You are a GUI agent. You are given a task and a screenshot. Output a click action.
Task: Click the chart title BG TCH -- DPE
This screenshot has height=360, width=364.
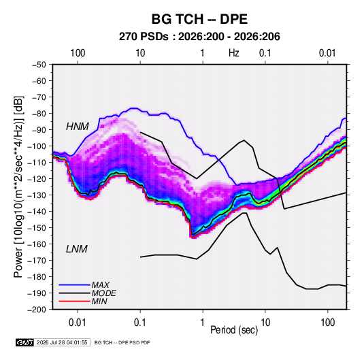(199, 19)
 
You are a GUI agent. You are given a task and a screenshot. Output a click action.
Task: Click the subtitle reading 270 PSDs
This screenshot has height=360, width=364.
(144, 37)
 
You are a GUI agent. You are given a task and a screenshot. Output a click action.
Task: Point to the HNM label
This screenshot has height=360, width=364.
(78, 127)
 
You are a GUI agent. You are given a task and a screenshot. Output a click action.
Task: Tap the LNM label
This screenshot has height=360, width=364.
(77, 249)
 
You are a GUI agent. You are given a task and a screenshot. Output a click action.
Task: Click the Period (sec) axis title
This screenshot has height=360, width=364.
(234, 330)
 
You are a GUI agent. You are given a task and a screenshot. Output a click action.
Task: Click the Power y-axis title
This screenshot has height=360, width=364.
(18, 186)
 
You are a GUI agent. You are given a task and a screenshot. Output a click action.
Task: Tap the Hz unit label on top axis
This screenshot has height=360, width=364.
(234, 53)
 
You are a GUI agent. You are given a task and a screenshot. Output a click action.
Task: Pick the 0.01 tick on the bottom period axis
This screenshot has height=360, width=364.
(78, 323)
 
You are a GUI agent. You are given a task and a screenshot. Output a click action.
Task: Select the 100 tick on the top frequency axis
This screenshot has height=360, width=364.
(78, 53)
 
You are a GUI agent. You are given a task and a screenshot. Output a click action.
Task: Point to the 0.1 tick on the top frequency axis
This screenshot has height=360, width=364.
(265, 53)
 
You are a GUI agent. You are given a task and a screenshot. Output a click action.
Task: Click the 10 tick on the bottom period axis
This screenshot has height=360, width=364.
(265, 323)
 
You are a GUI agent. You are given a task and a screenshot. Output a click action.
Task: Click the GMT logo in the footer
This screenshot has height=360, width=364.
(25, 342)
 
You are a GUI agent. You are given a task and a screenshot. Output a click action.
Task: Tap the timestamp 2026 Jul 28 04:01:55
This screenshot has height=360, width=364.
(62, 342)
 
